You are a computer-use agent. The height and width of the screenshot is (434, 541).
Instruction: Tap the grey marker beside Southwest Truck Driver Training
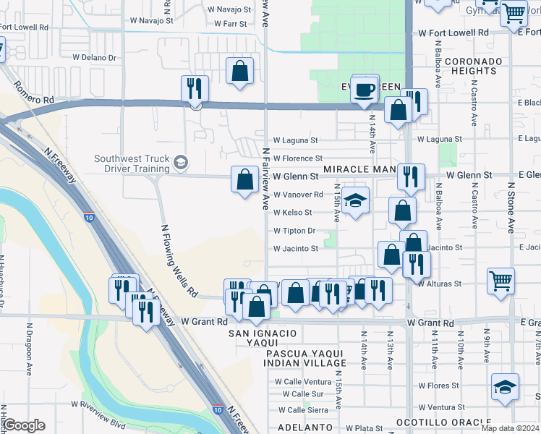click(181, 161)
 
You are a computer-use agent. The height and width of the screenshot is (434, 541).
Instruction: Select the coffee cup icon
click(365, 90)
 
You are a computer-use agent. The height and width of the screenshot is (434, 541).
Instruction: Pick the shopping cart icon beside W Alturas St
click(500, 280)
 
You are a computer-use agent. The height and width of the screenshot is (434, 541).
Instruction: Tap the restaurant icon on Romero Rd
click(194, 89)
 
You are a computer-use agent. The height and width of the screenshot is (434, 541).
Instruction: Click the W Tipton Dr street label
click(295, 231)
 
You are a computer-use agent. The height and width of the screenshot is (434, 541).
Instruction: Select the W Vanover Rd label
click(298, 195)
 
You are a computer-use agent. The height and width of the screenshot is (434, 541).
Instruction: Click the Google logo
click(24, 425)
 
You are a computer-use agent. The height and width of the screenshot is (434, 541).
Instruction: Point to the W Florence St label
click(297, 158)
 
